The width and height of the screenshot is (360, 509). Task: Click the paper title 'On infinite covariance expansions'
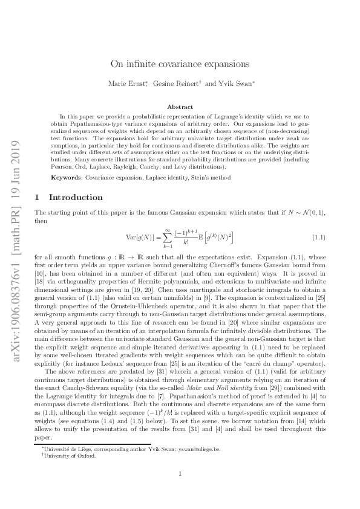coord(180,63)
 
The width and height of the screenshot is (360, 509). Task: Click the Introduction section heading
coord(76,197)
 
